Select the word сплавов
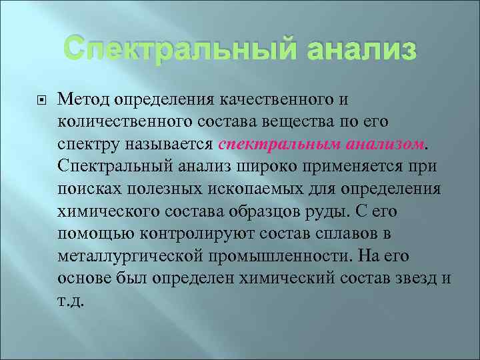341,233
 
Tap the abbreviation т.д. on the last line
71,299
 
